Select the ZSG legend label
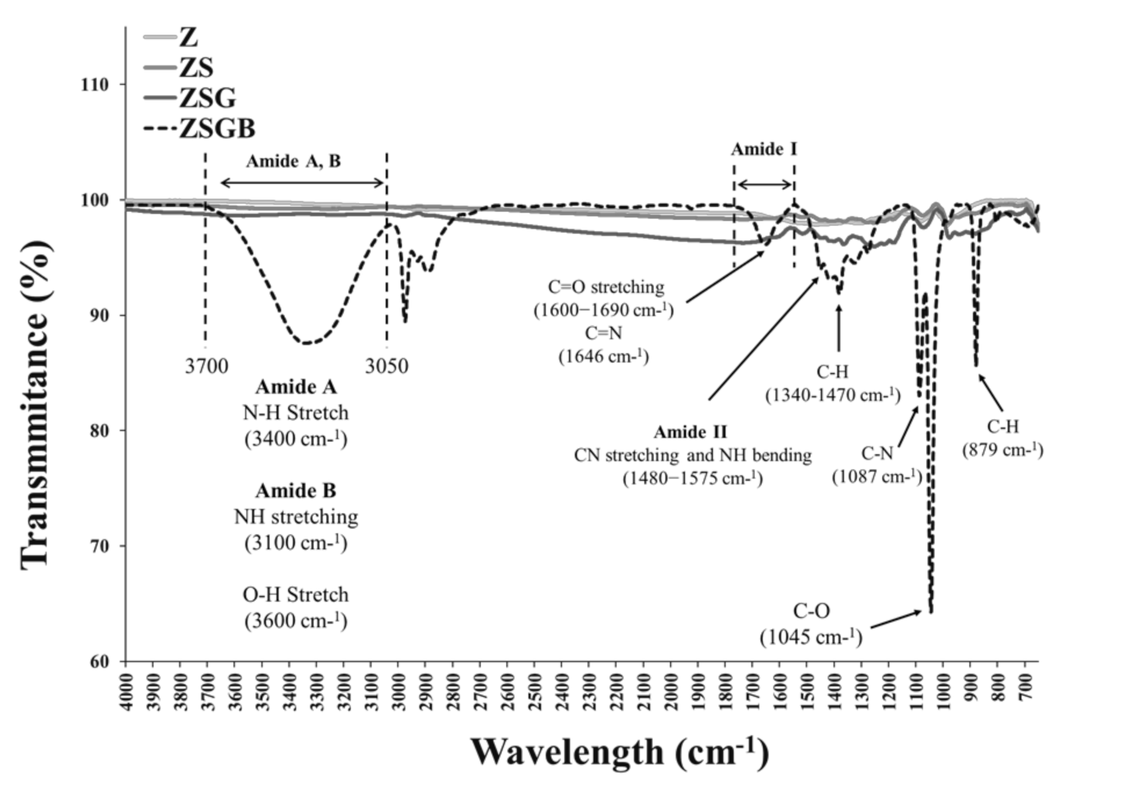coord(207,98)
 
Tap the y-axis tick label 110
coord(94,85)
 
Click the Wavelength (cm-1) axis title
coord(619,752)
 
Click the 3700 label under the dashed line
coord(207,366)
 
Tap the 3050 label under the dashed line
coord(386,366)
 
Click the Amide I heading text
coord(764,150)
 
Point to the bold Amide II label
coord(690,432)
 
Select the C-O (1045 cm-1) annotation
coord(811,624)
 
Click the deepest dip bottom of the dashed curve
coord(930,611)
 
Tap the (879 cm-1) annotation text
coord(1002,449)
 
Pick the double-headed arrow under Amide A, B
coord(302,183)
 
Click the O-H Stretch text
coord(295,594)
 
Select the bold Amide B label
coord(295,490)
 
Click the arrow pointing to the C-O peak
coord(895,619)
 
